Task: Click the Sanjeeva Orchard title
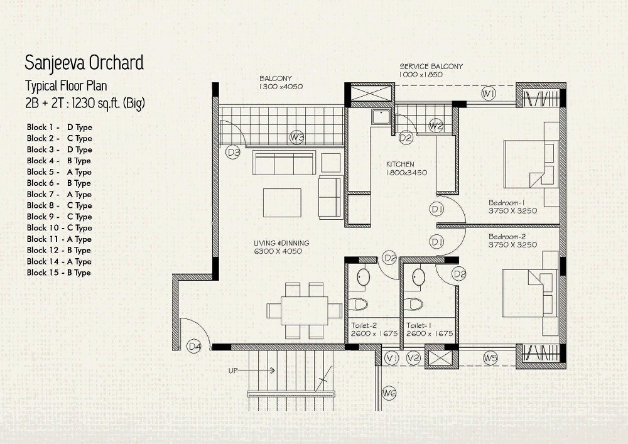pyautogui.click(x=84, y=63)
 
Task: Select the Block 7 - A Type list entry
pyautogui.click(x=59, y=194)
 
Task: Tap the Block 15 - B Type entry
pyautogui.click(x=59, y=273)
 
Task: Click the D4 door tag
pyautogui.click(x=195, y=345)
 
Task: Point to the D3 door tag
pyautogui.click(x=234, y=151)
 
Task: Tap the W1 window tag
pyautogui.click(x=489, y=94)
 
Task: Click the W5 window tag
pyautogui.click(x=490, y=358)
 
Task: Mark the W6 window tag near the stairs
pyautogui.click(x=389, y=393)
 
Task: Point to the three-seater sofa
pyautogui.click(x=283, y=163)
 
